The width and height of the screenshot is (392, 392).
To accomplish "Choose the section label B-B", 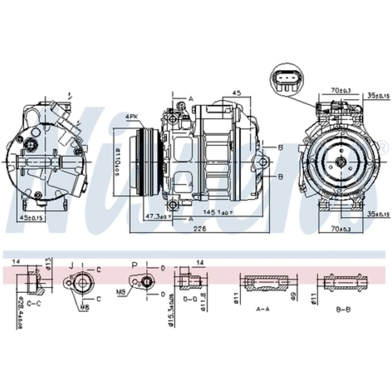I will tap(343, 309).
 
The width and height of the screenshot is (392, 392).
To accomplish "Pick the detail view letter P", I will tap(135, 265).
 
